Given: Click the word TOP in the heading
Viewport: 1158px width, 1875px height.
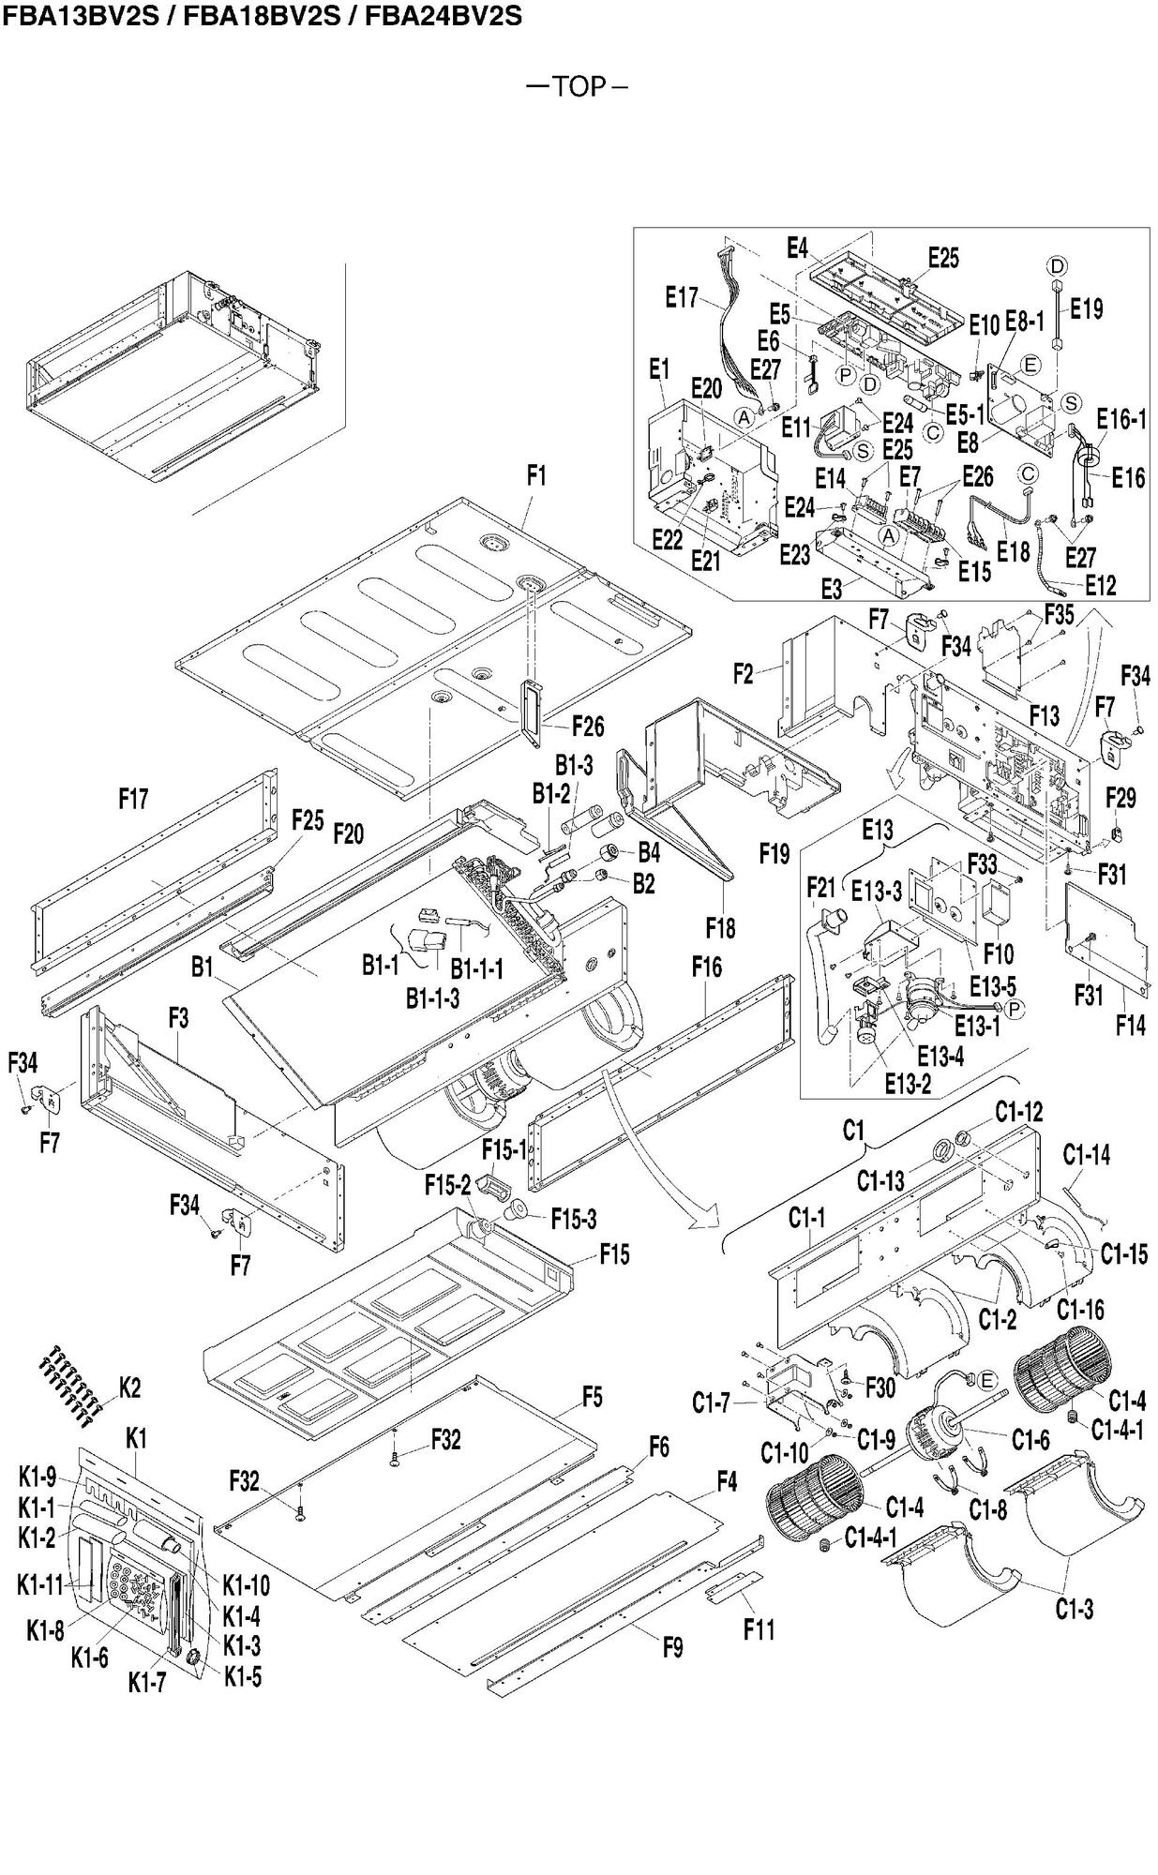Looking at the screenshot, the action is (x=579, y=87).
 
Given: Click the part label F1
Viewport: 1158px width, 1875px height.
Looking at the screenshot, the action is (x=535, y=476).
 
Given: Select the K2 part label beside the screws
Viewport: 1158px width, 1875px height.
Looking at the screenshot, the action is (x=129, y=1388).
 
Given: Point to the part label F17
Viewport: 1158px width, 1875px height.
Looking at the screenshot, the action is (x=133, y=800).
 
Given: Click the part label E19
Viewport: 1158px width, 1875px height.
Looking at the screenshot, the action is (x=1086, y=308).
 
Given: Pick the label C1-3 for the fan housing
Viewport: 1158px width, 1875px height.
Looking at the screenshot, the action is (x=1074, y=1610).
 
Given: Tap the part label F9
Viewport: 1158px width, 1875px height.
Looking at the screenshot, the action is (x=672, y=1647).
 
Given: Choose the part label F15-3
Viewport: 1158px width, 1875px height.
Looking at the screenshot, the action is (x=573, y=1220).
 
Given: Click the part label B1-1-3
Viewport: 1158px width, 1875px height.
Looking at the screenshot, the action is (x=433, y=998).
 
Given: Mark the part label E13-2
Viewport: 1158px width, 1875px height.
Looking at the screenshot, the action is (x=909, y=1084).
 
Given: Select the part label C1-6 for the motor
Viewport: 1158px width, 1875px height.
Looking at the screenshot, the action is (x=1030, y=1439).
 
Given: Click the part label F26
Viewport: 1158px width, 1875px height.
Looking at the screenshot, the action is (x=588, y=727).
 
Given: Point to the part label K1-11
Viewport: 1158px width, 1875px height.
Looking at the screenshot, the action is (x=39, y=1585).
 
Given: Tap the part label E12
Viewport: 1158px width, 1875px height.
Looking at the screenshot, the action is (x=1101, y=585).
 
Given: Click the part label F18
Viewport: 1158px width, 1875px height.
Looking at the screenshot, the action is (x=720, y=928).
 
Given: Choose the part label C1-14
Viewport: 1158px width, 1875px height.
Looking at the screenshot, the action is (x=1087, y=1155).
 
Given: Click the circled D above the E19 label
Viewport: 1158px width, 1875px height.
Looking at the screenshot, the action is (x=1057, y=266).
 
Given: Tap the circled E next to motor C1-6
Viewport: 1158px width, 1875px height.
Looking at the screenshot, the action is (x=985, y=1379).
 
